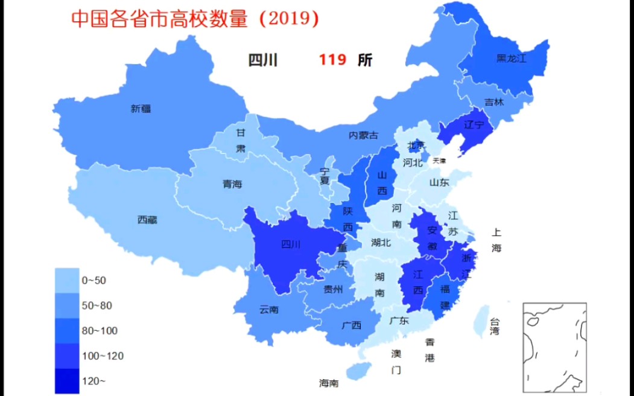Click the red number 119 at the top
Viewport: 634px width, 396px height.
click(x=332, y=60)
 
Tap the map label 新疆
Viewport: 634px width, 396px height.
click(x=141, y=109)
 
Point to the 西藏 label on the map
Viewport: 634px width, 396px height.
click(x=147, y=220)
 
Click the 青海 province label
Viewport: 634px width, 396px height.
click(x=232, y=184)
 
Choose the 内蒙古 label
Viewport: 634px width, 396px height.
click(x=364, y=135)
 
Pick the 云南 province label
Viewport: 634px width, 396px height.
click(x=269, y=310)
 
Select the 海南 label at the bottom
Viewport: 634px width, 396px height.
click(x=329, y=383)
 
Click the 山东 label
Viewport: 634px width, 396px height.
click(x=439, y=182)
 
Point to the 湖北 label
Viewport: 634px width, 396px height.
click(x=381, y=243)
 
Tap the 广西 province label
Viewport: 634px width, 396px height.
click(x=351, y=325)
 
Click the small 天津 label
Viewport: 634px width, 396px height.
click(x=439, y=161)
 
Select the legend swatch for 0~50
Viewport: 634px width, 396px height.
click(x=67, y=280)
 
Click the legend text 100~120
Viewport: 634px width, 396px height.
click(x=103, y=356)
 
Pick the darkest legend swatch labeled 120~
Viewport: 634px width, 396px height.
click(x=67, y=381)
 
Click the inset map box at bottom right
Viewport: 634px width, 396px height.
click(x=555, y=343)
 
